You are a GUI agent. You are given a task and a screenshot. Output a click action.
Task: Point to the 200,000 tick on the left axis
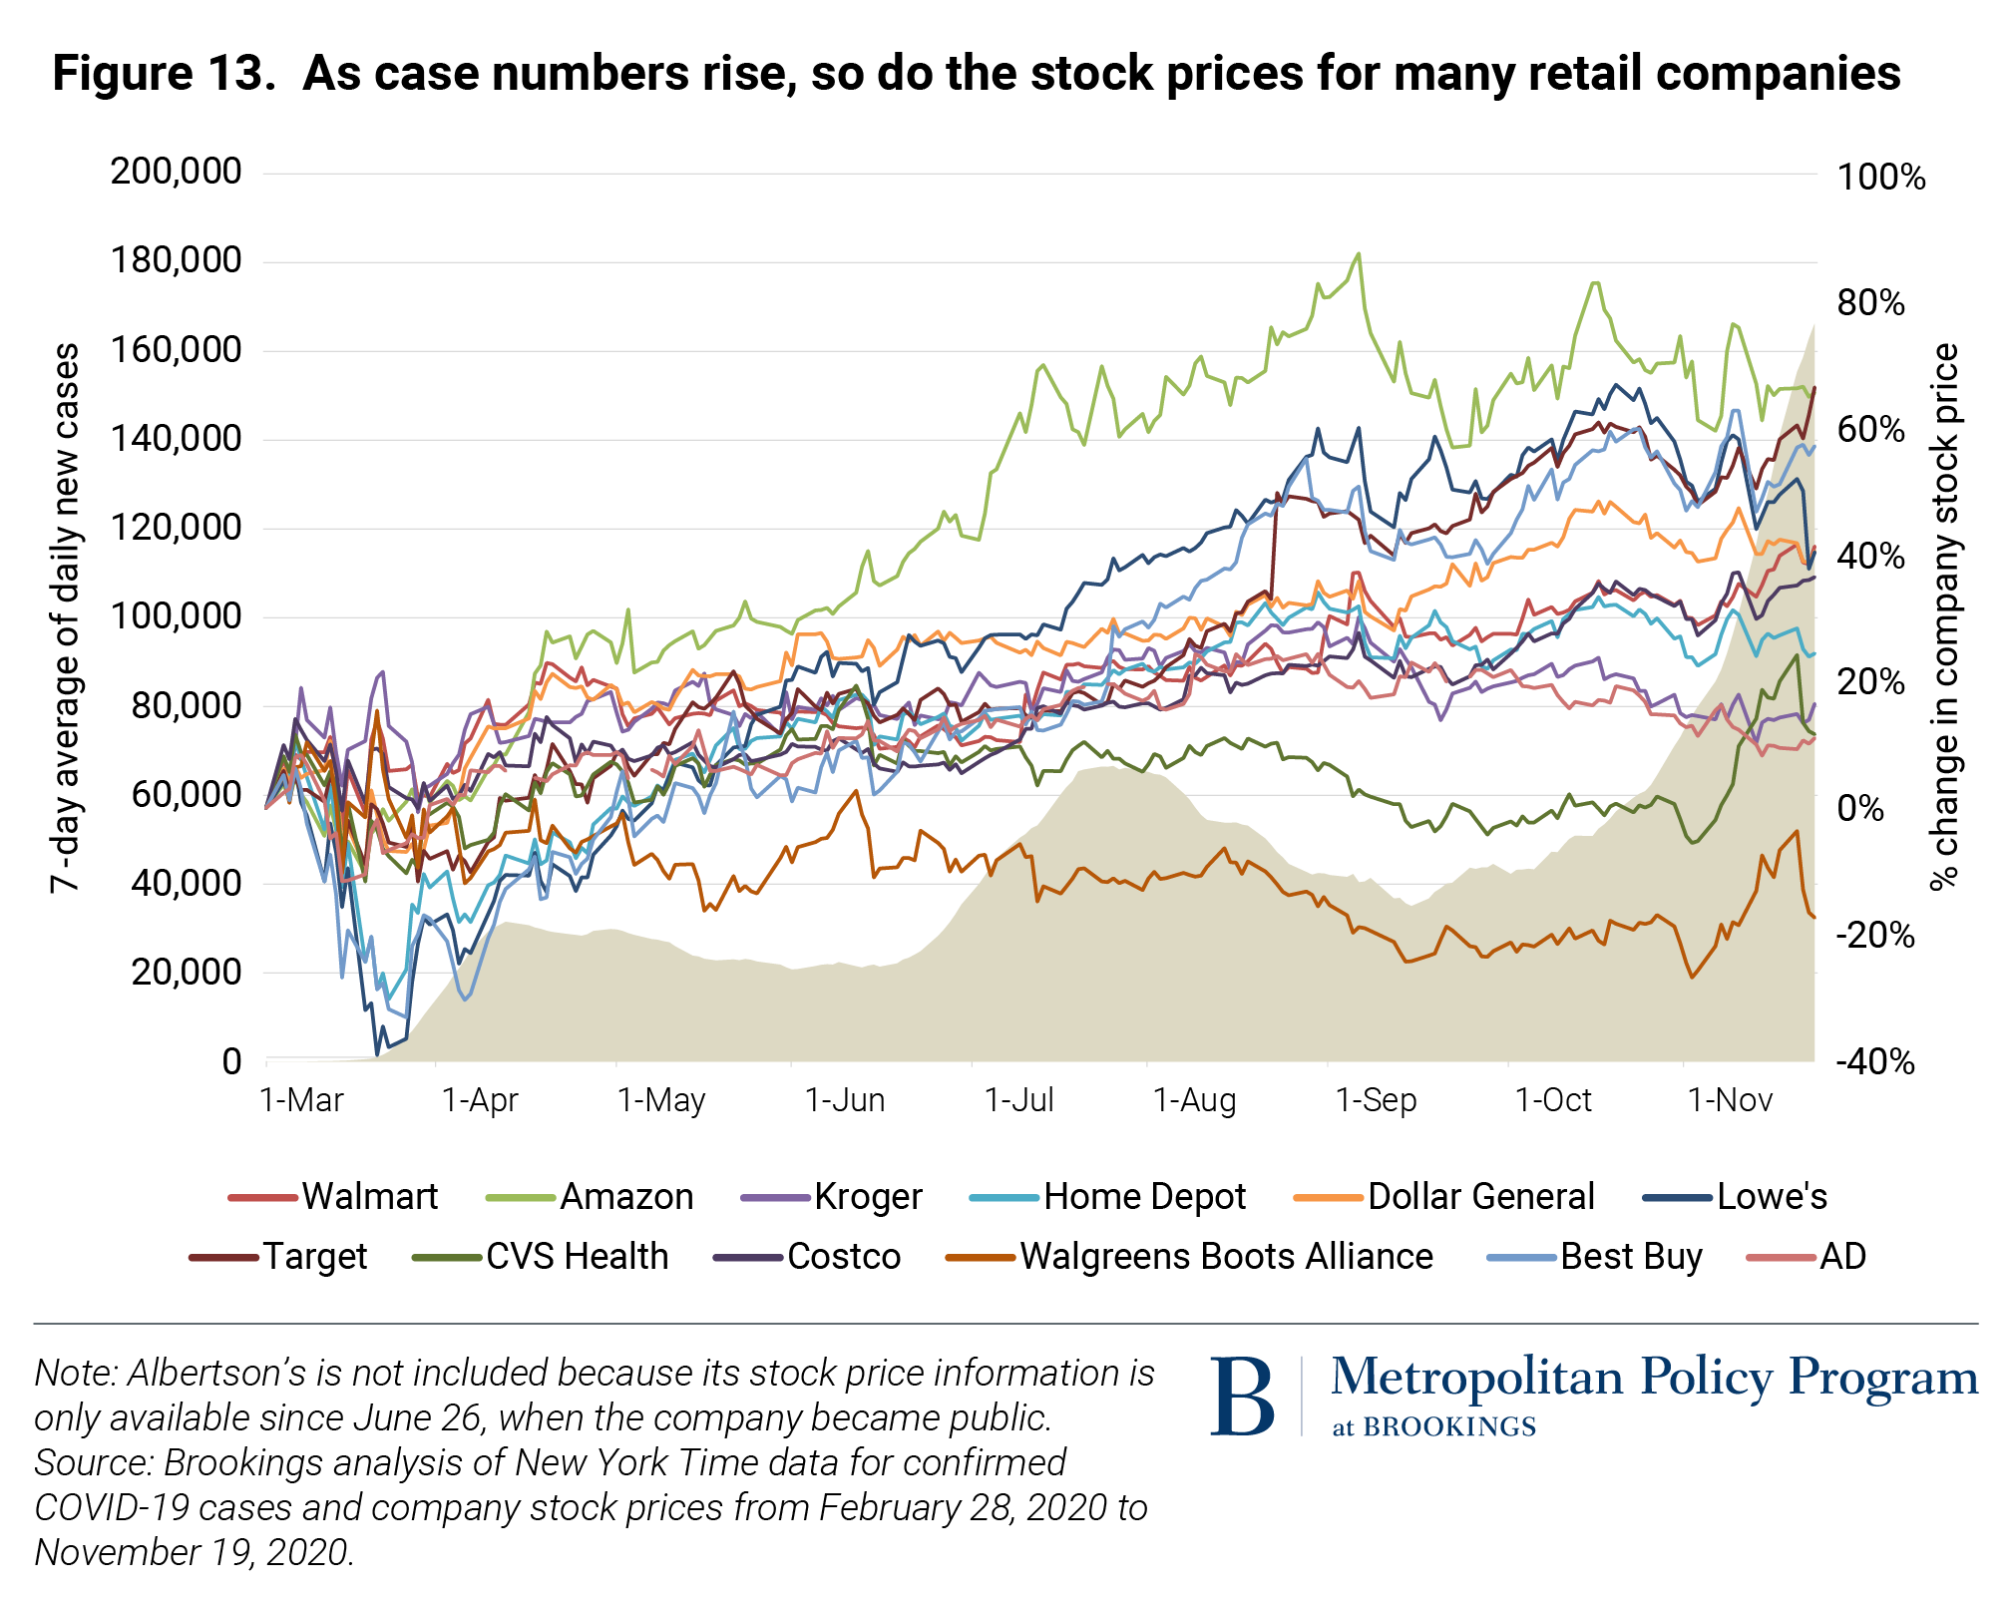[x=177, y=172]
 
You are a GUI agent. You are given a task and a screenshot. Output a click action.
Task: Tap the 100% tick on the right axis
[x=1881, y=178]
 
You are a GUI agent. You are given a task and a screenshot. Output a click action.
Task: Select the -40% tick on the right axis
[x=1875, y=1061]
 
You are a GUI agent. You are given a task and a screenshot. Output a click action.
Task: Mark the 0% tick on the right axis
[x=1860, y=808]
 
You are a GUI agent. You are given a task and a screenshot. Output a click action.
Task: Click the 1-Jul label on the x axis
[x=1018, y=1100]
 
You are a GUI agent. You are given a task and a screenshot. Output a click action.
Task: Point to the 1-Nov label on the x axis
[x=1730, y=1100]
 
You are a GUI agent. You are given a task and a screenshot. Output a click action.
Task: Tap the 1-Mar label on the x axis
[x=301, y=1100]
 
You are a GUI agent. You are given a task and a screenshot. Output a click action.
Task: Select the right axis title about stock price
[x=1945, y=616]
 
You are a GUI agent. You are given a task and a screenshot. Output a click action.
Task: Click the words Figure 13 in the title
[x=165, y=73]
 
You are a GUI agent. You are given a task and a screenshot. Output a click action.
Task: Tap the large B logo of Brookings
[x=1242, y=1397]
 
